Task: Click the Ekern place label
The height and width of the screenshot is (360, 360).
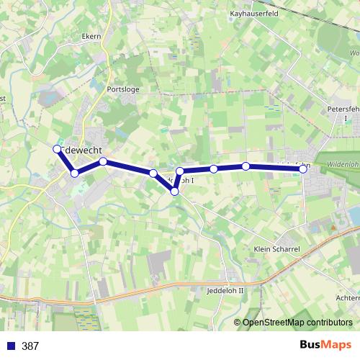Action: pyautogui.click(x=91, y=35)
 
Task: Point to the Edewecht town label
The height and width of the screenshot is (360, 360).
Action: pyautogui.click(x=84, y=149)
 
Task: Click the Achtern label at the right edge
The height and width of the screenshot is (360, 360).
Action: pyautogui.click(x=348, y=297)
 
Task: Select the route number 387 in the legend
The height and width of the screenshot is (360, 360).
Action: pyautogui.click(x=30, y=346)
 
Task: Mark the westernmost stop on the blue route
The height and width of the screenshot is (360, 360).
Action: pyautogui.click(x=58, y=149)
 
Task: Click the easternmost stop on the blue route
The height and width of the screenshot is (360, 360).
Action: pyautogui.click(x=304, y=168)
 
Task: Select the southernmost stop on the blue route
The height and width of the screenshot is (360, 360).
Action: pyautogui.click(x=174, y=191)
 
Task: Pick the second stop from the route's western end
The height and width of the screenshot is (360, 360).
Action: pyautogui.click(x=74, y=174)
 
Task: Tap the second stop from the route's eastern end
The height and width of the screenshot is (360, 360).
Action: pyautogui.click(x=246, y=166)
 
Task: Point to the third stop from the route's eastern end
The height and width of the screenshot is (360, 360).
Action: pyautogui.click(x=214, y=169)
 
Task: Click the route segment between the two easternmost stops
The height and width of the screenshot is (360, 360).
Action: pyautogui.click(x=275, y=167)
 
